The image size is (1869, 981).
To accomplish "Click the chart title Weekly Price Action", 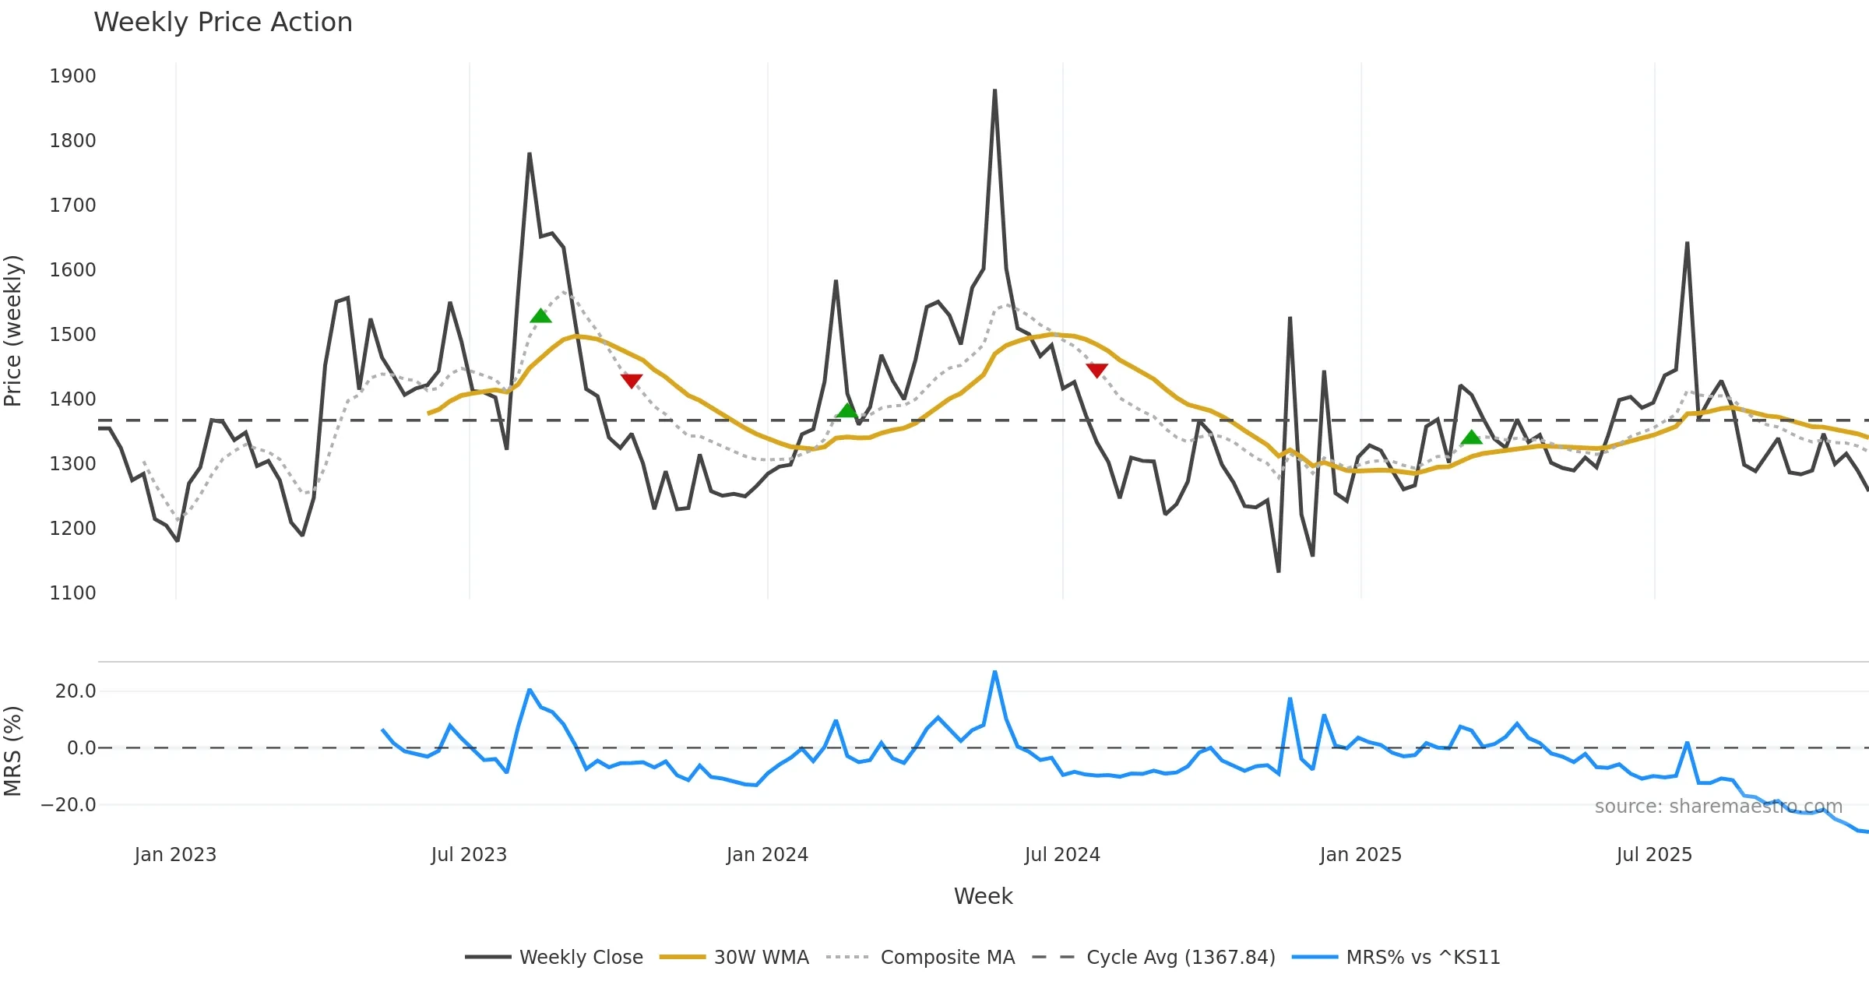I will coord(223,23).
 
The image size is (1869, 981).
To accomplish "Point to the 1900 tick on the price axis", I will coord(72,76).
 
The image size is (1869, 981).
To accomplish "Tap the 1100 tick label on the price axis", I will coord(72,593).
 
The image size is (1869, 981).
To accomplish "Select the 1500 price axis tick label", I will coord(72,335).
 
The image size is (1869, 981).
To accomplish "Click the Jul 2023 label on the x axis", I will coord(469,855).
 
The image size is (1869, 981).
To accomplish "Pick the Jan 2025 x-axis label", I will coord(1360,855).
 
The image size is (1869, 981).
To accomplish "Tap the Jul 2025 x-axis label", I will coord(1654,855).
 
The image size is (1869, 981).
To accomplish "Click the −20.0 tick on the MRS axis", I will coord(69,805).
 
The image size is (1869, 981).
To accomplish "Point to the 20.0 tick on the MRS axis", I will coord(76,691).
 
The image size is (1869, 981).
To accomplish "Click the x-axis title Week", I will coord(983,897).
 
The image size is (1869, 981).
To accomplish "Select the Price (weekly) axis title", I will coord(13,331).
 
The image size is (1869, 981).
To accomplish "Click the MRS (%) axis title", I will coord(13,751).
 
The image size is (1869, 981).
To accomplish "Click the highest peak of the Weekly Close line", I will coord(994,91).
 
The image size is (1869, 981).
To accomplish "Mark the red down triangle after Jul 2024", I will coord(1096,371).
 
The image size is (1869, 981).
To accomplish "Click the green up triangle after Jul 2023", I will coord(540,316).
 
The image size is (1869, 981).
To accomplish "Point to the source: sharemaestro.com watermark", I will coord(1718,807).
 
